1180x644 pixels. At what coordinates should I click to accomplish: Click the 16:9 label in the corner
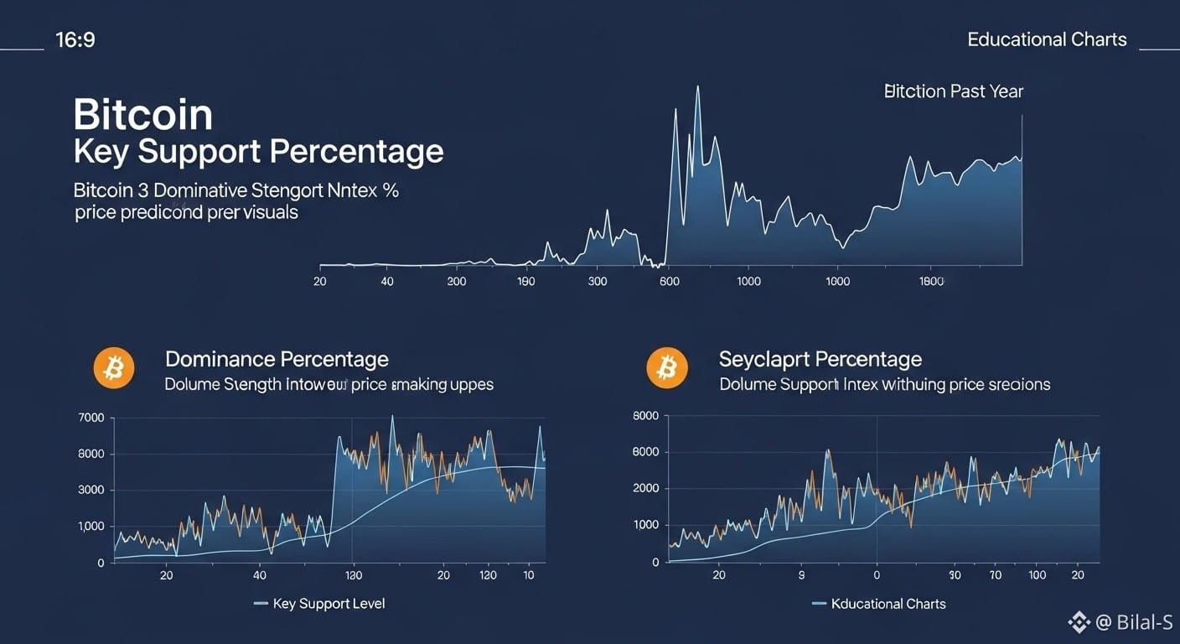tap(75, 39)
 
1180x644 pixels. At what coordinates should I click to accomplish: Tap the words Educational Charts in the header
tap(1046, 39)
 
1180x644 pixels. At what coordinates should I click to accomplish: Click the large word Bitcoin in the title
tap(143, 114)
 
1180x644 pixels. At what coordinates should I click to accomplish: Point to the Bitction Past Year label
tap(954, 91)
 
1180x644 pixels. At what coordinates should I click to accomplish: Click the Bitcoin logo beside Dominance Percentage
tap(114, 368)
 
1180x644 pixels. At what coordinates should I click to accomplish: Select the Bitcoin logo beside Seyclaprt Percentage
tap(667, 368)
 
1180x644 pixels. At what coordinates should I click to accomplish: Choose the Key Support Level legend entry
tap(329, 604)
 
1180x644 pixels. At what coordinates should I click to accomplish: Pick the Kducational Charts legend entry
tap(888, 604)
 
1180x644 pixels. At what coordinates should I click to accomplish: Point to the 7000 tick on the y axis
tap(91, 418)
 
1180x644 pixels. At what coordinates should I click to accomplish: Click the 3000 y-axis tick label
tap(91, 490)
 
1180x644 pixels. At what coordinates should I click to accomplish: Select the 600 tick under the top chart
tap(670, 281)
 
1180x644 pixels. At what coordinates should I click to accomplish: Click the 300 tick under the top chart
tap(598, 281)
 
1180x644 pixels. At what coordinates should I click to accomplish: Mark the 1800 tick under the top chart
tap(931, 281)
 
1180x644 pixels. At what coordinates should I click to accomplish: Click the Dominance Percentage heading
tap(277, 360)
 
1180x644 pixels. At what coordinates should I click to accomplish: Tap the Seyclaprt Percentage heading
tap(820, 360)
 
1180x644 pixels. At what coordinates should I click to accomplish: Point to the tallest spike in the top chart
tap(697, 87)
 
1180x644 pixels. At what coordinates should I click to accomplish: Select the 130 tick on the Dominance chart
tap(353, 575)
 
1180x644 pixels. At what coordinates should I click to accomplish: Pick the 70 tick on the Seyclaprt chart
tap(996, 575)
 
